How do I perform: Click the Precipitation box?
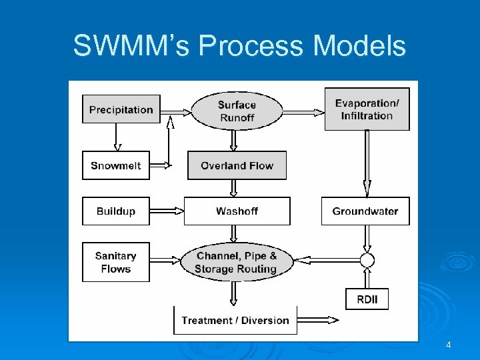(x=121, y=109)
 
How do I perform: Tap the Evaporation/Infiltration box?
(x=367, y=109)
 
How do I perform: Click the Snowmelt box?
(x=116, y=165)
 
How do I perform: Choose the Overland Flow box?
(x=237, y=165)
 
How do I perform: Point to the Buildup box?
(x=116, y=211)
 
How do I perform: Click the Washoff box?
(x=237, y=211)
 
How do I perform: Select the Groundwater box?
(x=365, y=211)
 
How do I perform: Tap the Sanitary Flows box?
(x=116, y=262)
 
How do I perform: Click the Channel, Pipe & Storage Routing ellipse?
(x=237, y=262)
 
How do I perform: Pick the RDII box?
(x=367, y=299)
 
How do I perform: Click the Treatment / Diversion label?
(x=235, y=320)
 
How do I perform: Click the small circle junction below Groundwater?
(x=367, y=259)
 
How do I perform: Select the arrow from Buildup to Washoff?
(x=167, y=211)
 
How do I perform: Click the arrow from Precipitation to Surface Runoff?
(x=176, y=111)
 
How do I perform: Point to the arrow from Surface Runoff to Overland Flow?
(x=234, y=140)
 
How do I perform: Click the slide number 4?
(x=449, y=345)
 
